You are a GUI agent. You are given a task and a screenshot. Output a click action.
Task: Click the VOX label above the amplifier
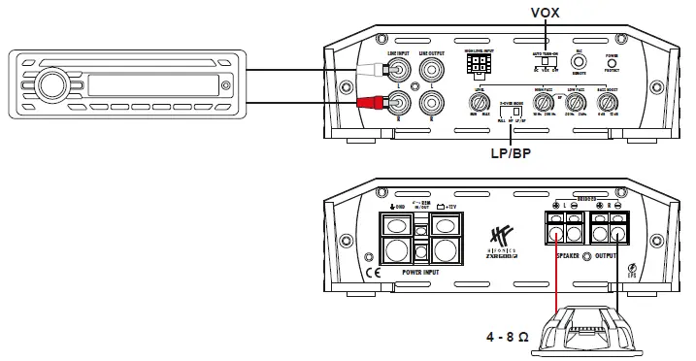(x=547, y=13)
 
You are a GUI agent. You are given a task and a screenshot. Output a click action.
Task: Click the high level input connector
(x=477, y=65)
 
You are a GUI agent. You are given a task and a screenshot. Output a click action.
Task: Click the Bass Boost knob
(x=611, y=101)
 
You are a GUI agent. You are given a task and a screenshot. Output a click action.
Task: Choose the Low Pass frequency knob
(x=578, y=101)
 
